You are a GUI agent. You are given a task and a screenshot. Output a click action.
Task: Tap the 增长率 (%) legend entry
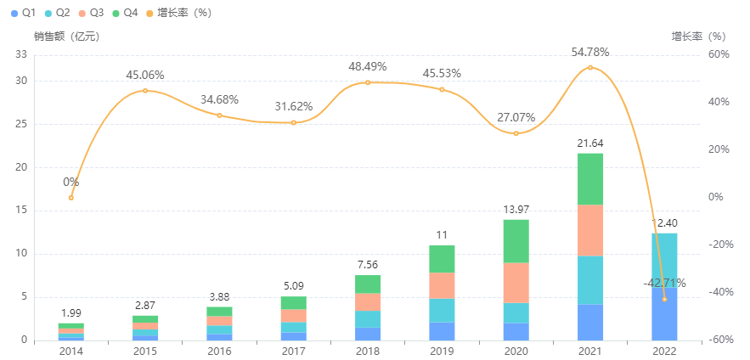click(178, 13)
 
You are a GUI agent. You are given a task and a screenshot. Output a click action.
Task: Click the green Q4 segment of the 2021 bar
click(590, 178)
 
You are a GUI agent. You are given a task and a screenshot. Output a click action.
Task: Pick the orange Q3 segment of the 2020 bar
click(516, 283)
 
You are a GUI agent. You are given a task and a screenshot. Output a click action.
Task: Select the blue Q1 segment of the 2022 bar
click(664, 313)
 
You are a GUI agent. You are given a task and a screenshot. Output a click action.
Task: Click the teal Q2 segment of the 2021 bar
click(590, 279)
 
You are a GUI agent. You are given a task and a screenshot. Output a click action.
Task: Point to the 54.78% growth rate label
click(590, 53)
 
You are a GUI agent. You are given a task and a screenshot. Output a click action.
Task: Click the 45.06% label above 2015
click(145, 76)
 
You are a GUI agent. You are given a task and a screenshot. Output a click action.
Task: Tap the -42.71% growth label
click(663, 283)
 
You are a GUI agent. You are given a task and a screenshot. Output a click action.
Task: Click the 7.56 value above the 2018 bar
click(368, 263)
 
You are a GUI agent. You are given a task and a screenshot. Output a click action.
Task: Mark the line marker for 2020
click(516, 133)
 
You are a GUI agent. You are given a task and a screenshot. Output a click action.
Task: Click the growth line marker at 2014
click(71, 198)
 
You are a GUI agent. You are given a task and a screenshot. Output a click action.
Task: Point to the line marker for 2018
click(368, 82)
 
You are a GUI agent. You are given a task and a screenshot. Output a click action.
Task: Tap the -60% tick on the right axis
click(717, 340)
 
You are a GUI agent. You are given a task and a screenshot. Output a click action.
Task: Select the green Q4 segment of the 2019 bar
click(442, 258)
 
